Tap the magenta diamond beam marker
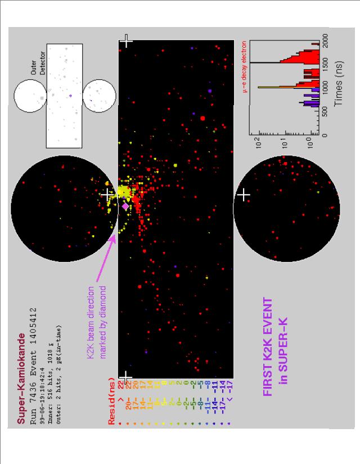[125, 206]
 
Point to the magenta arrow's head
[115, 237]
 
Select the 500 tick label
[326, 111]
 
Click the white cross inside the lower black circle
[244, 195]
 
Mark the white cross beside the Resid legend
[127, 376]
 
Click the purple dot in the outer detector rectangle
[71, 96]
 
